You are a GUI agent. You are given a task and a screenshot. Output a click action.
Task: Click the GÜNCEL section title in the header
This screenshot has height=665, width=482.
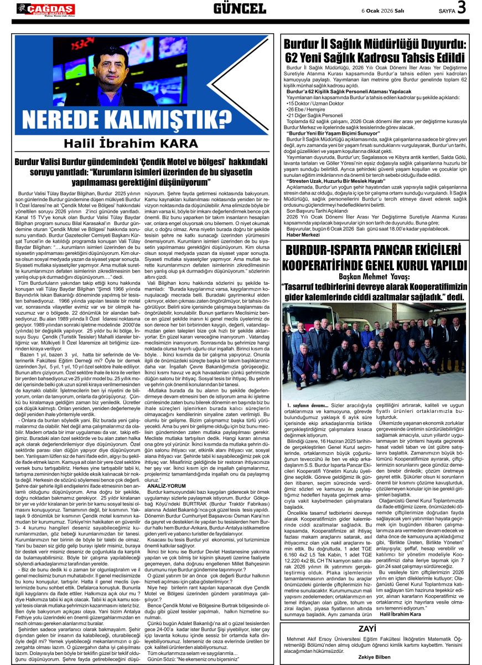pyautogui.click(x=240, y=8)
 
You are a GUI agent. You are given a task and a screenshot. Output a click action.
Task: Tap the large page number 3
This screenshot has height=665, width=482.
pyautogui.click(x=461, y=8)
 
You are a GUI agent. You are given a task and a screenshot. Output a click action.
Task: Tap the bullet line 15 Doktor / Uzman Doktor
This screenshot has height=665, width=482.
pyautogui.click(x=314, y=104)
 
